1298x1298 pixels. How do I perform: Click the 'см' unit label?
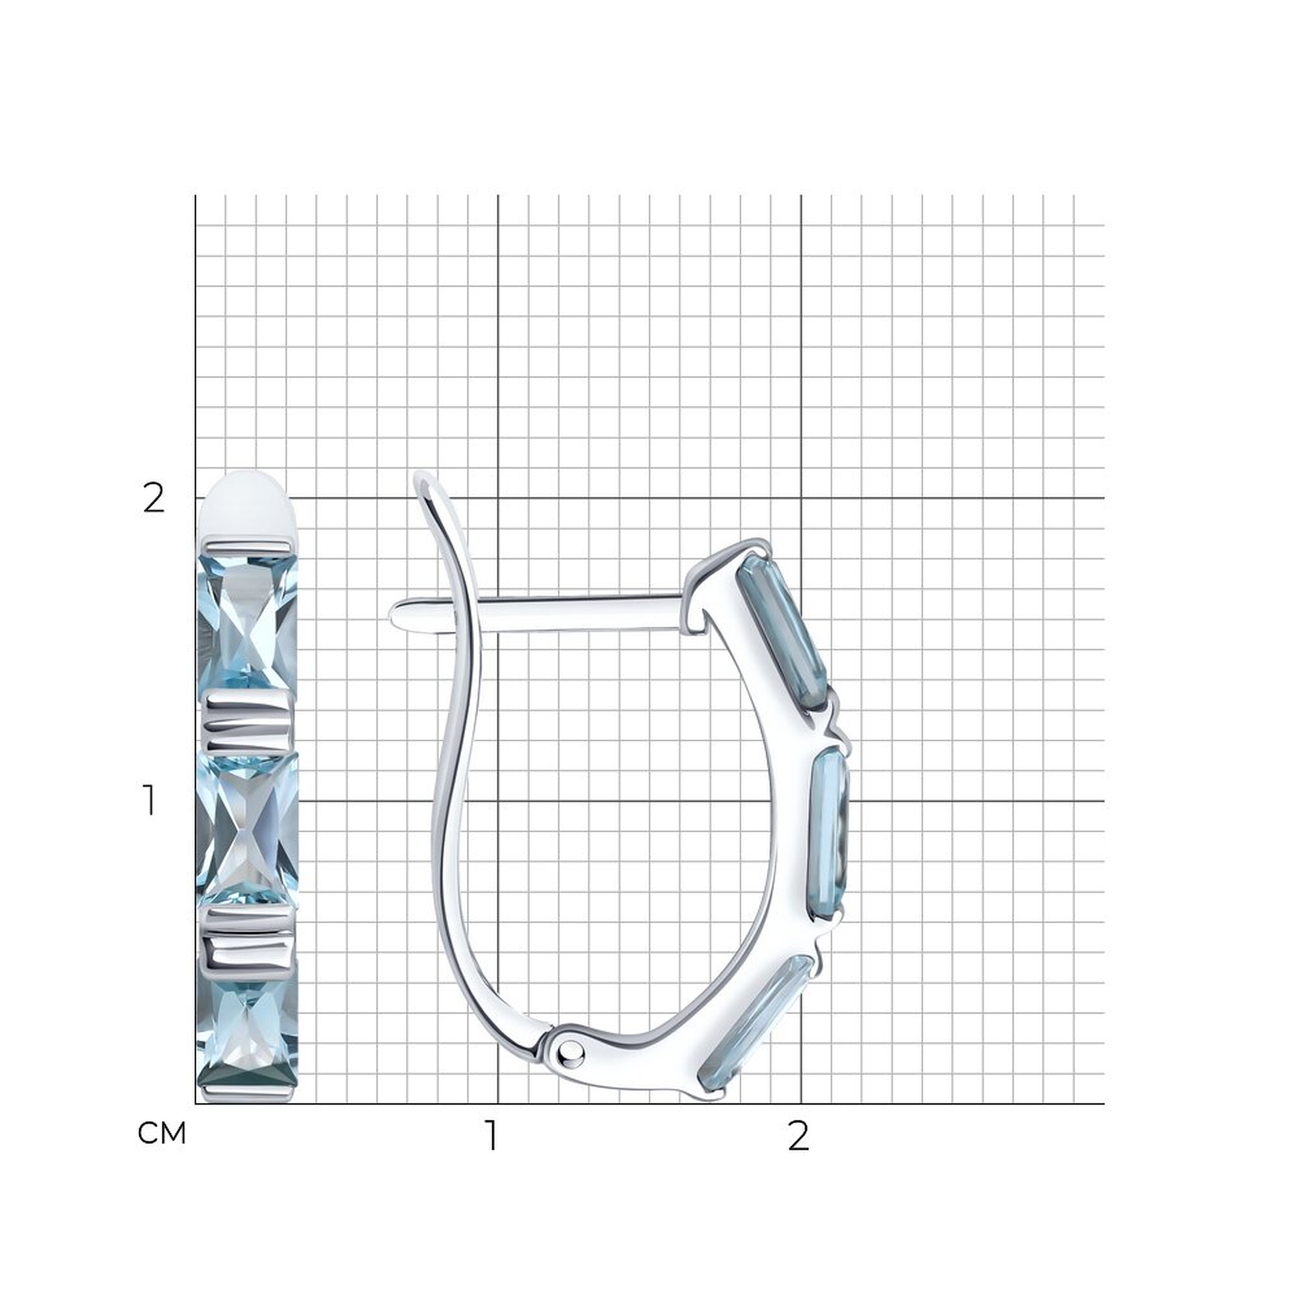pos(161,1133)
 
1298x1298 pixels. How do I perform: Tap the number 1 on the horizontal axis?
pos(493,1134)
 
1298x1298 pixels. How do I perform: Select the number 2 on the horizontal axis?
pos(798,1134)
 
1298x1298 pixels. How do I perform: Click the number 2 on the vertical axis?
pos(154,498)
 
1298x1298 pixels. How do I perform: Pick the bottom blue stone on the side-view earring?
pos(757,1034)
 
